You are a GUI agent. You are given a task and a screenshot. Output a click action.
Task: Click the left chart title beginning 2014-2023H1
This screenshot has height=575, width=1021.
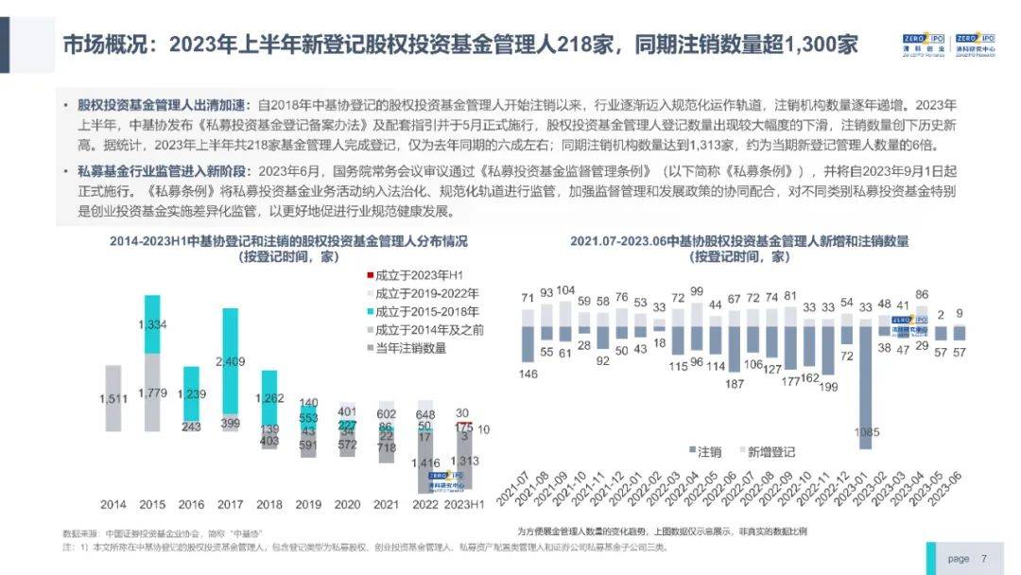288,241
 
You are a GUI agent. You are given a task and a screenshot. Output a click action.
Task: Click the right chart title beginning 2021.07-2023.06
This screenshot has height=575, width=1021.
739,241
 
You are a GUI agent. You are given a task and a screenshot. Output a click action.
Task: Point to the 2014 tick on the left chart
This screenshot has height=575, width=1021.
112,504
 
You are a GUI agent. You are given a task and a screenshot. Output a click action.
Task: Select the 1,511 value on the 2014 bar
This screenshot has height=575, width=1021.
112,400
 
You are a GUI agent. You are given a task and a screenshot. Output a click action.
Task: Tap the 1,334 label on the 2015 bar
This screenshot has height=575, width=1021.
152,324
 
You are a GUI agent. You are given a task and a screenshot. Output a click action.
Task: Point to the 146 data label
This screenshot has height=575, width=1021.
528,374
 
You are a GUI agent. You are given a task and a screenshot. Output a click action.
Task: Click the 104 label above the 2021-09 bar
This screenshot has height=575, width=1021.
565,290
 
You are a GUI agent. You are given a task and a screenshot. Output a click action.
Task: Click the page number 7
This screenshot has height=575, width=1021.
984,558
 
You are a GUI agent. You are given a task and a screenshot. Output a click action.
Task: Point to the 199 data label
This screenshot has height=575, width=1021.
829,386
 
